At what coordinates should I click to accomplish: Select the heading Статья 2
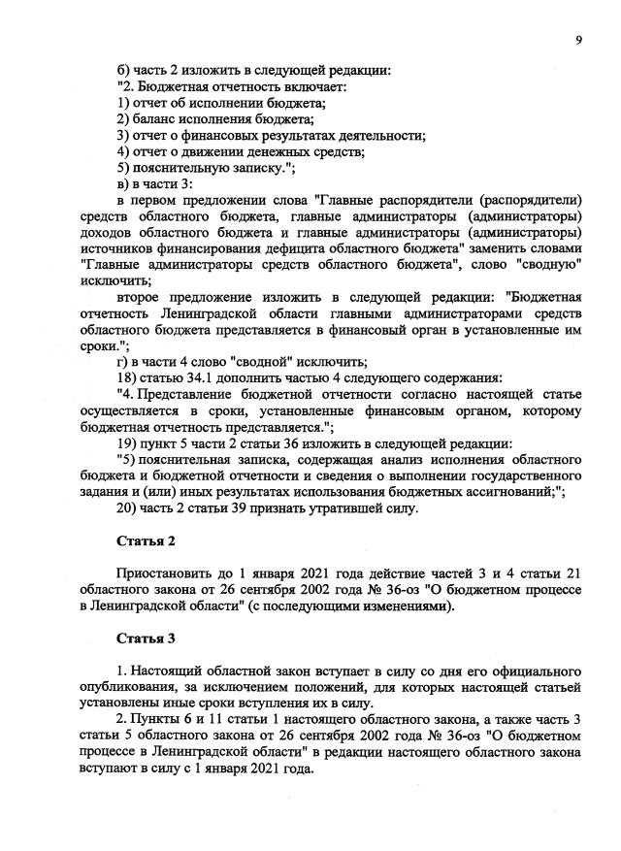pos(146,540)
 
